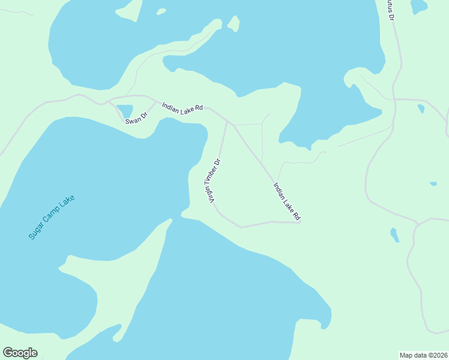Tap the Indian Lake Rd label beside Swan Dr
(x=182, y=106)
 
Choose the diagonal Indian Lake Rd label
(x=286, y=201)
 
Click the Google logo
(x=20, y=353)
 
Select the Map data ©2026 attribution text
(x=423, y=355)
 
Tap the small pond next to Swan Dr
(x=125, y=111)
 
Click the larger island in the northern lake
(x=233, y=24)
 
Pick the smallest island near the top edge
(x=161, y=11)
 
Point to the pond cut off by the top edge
(x=418, y=5)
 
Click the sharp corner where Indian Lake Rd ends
(x=300, y=222)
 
